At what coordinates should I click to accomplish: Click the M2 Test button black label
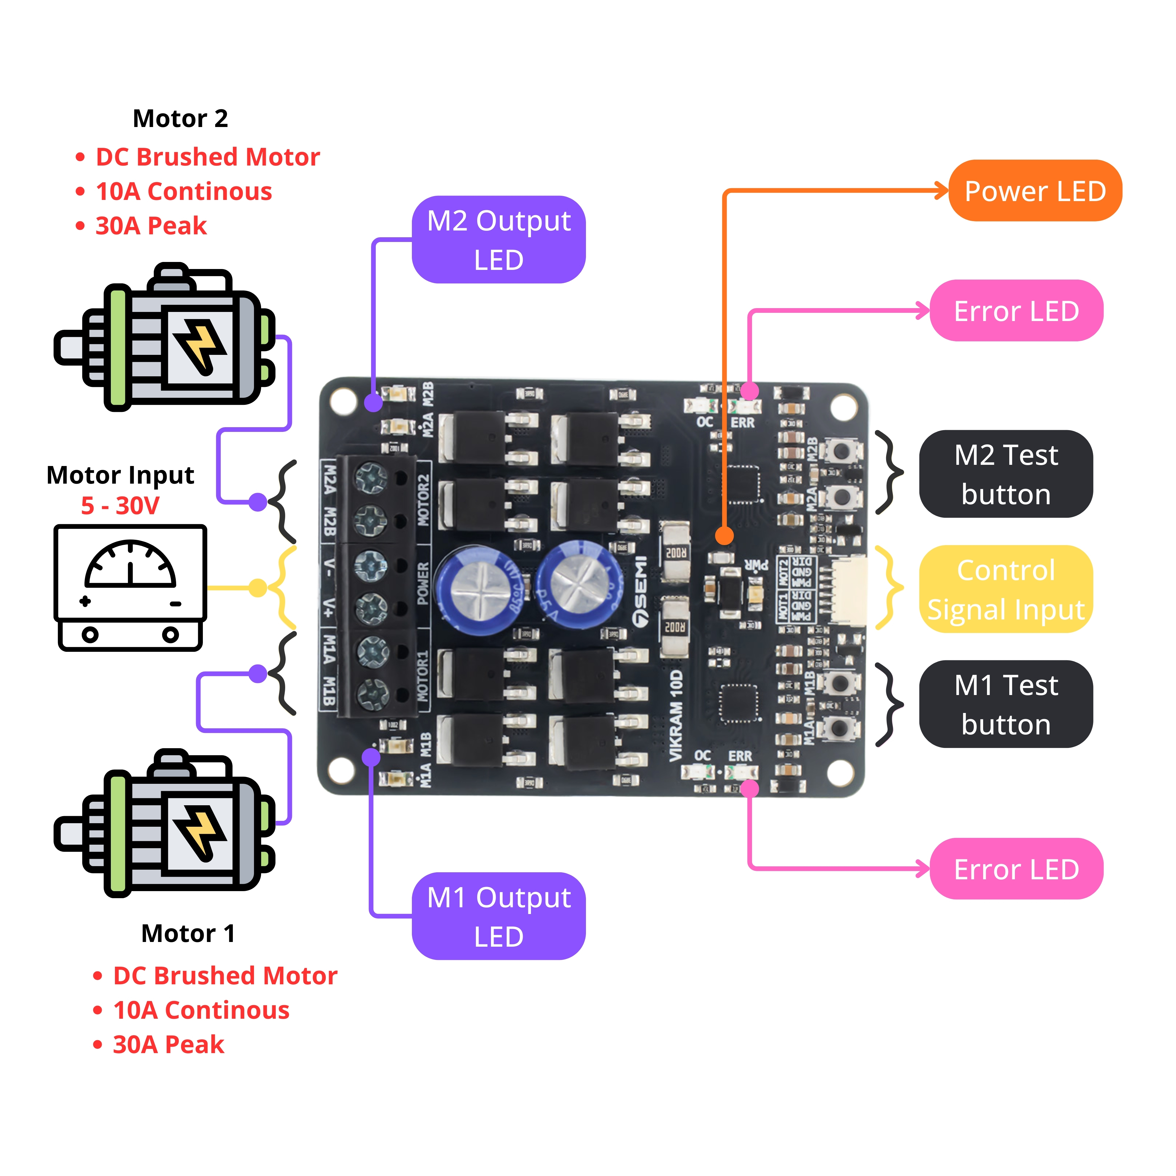click(x=1005, y=474)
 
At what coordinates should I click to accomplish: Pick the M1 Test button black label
click(x=1005, y=704)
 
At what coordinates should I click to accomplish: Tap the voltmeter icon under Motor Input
click(x=130, y=587)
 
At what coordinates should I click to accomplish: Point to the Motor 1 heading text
click(x=188, y=933)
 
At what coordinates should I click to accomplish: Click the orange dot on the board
click(x=724, y=536)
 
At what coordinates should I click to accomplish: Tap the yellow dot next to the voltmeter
click(x=258, y=587)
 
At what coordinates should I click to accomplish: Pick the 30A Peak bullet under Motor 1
click(x=168, y=1045)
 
